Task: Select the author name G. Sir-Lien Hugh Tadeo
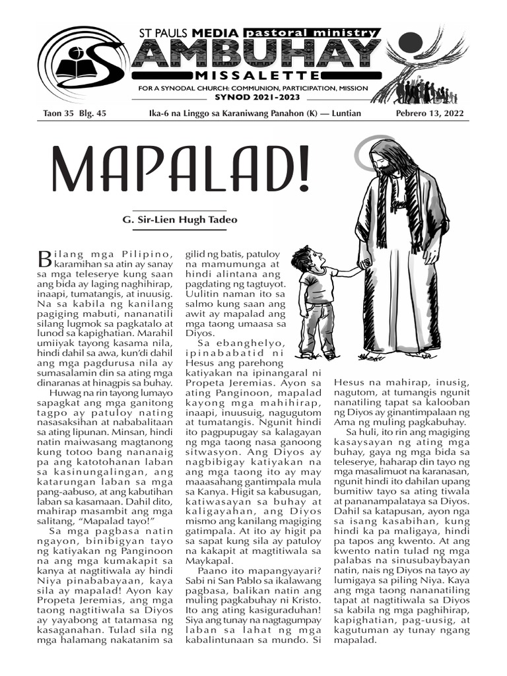pyautogui.click(x=171, y=220)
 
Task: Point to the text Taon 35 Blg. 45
pyautogui.click(x=71, y=114)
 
